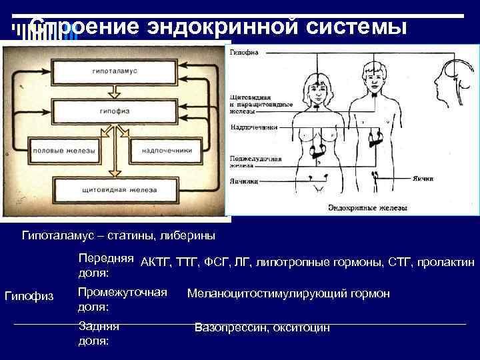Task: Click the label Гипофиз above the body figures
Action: pyautogui.click(x=244, y=52)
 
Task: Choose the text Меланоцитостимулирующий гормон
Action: pyautogui.click(x=289, y=294)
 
